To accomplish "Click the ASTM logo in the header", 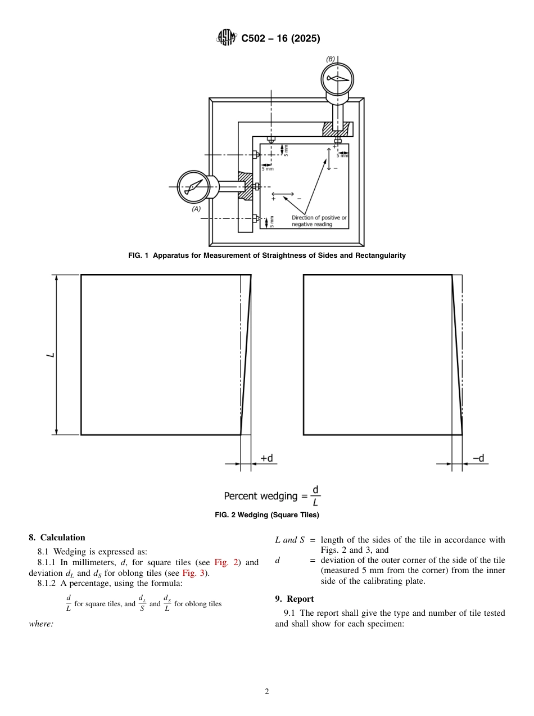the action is pos(227,38).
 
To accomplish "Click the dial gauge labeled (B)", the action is pos(337,79).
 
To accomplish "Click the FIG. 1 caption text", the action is pos(267,256).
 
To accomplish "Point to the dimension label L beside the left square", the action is pos(50,355).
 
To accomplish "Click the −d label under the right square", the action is pos(478,458).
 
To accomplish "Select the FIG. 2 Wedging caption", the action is pos(267,514).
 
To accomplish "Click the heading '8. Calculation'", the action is pos(57,538).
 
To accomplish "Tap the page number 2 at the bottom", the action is pos(267,692).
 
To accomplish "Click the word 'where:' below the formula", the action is pos(41,624).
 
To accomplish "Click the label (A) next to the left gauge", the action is pos(196,209).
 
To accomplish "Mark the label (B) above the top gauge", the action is pos(331,59).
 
